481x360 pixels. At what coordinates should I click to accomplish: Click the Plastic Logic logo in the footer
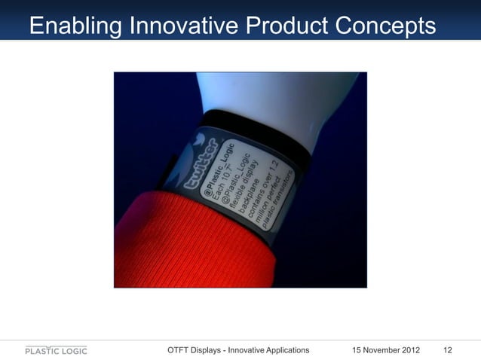[x=57, y=350]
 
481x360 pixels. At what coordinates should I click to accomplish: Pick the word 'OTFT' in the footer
[x=180, y=350]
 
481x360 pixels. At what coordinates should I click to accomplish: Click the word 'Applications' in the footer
[x=283, y=350]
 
